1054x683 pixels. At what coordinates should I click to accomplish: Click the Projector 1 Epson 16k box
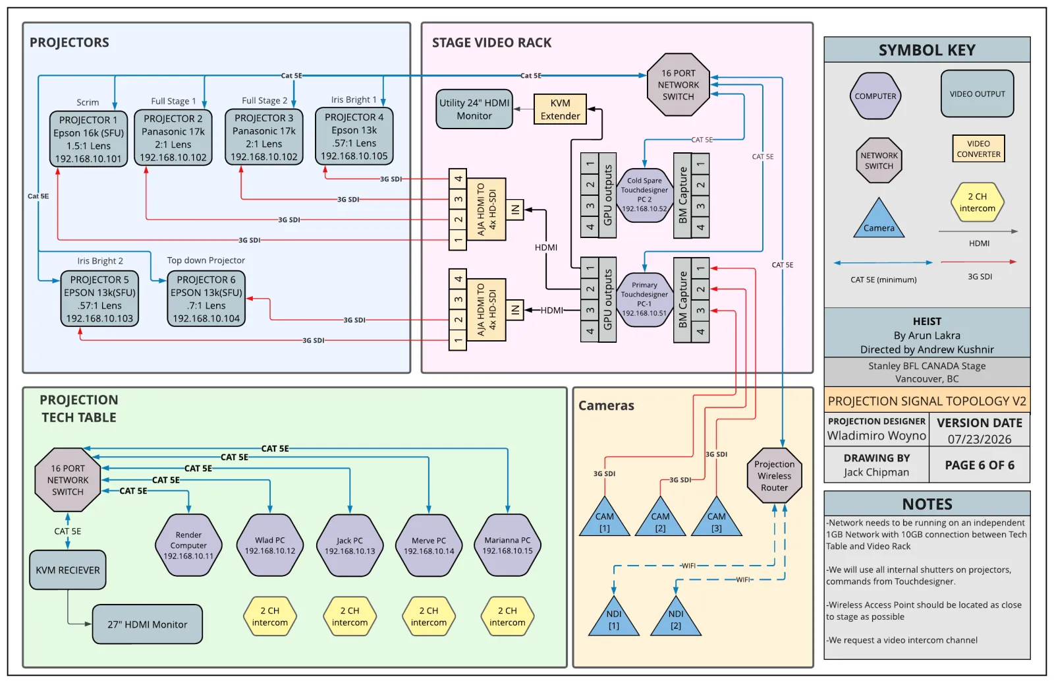click(88, 139)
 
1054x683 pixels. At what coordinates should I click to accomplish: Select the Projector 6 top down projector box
click(206, 299)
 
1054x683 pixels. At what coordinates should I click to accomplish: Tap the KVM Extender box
click(560, 109)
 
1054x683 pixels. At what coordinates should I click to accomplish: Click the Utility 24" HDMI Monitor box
click(474, 109)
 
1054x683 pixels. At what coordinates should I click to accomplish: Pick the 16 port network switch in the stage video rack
click(678, 85)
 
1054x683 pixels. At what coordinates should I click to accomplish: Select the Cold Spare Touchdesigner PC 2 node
click(644, 194)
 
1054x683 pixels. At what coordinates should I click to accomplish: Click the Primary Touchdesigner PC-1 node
click(644, 299)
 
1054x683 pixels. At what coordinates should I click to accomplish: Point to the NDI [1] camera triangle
click(613, 616)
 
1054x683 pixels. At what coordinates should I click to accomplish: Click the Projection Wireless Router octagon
click(775, 476)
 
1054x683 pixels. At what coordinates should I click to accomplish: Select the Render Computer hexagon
click(188, 545)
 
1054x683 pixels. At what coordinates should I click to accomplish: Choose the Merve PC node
click(429, 545)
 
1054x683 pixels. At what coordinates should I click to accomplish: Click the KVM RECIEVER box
click(68, 570)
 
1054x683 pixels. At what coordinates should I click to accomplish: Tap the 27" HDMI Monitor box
click(148, 624)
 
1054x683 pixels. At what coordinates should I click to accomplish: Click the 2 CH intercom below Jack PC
click(350, 616)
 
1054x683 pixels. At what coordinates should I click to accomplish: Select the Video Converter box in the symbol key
click(978, 149)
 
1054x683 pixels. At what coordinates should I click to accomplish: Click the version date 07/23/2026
click(979, 439)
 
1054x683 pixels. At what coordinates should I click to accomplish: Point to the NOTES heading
click(927, 504)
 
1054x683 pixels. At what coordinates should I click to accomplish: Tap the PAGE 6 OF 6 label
click(980, 465)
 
